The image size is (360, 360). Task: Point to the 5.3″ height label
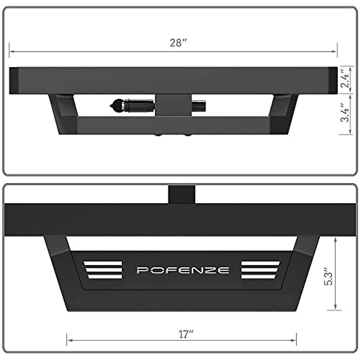tap(329, 278)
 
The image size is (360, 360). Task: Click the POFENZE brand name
tap(183, 270)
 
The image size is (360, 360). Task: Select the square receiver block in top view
tap(173, 105)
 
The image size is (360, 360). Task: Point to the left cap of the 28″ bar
tap(14, 80)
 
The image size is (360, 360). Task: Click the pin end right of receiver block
tap(199, 106)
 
